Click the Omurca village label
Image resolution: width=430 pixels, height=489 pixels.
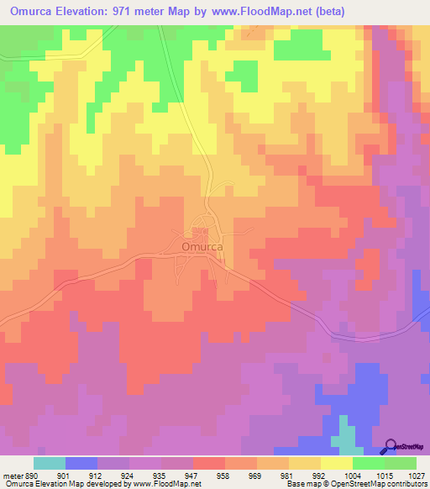click(202, 247)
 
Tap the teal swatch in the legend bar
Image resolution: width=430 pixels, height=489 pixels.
click(50, 463)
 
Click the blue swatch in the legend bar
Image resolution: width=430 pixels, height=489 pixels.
click(81, 463)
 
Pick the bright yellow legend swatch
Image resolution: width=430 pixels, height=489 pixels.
click(337, 463)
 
